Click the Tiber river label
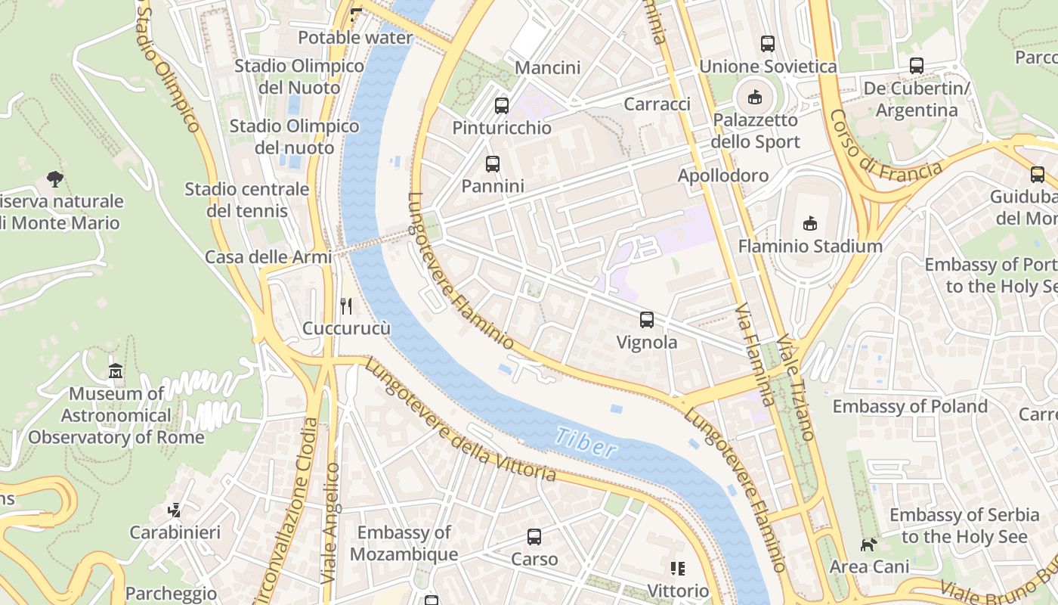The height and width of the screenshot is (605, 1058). pos(586,442)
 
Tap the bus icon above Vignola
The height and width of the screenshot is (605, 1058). pos(647,320)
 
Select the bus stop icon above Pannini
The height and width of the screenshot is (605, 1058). pos(493,163)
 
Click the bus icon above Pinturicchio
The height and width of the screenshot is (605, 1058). pos(502,106)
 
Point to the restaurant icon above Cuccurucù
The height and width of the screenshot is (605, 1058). pos(346,306)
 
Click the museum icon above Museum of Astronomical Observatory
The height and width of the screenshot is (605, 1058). pos(116,371)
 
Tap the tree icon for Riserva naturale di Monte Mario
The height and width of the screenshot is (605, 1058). pos(54,179)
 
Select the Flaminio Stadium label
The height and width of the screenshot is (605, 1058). pos(810,246)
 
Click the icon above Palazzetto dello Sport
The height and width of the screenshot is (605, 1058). pos(754,97)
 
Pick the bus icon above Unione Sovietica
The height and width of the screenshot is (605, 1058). pos(768,44)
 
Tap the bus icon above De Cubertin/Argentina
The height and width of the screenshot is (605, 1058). pos(917,66)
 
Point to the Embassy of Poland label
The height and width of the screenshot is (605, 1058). pos(910,406)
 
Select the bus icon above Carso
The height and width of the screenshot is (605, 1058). pos(534,537)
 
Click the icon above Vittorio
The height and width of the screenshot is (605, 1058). pos(678,569)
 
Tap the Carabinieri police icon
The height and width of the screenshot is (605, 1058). pos(175,510)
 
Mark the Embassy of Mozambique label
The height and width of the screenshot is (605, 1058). pos(404,543)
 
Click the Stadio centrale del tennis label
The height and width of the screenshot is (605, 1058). pos(247,199)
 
